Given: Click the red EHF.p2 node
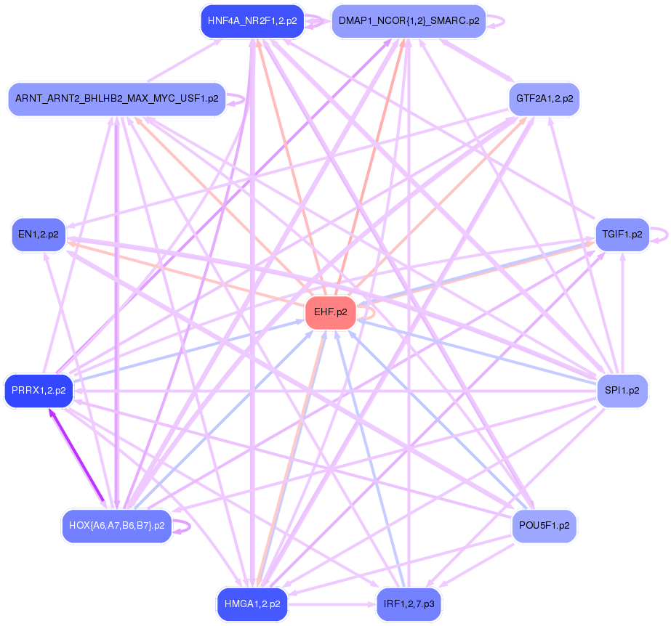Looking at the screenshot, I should click(x=330, y=313).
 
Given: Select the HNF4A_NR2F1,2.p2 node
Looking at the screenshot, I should click(x=252, y=21).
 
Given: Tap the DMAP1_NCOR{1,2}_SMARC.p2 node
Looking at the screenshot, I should click(x=408, y=21).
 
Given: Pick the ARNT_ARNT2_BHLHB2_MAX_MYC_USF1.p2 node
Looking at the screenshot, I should click(x=116, y=99).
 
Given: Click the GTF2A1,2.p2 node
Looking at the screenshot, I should click(x=544, y=98).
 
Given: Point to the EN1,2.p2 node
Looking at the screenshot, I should click(x=39, y=235).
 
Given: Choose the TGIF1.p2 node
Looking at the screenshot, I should click(x=622, y=235).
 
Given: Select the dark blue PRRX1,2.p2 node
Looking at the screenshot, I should click(x=39, y=391).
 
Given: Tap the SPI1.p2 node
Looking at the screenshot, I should click(x=622, y=391).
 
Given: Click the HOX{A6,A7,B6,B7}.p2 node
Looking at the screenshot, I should click(x=116, y=525).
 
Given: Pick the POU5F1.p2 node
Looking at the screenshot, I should click(x=544, y=524).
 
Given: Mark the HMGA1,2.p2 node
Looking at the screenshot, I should click(x=252, y=603).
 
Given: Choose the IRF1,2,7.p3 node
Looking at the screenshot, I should click(x=408, y=603).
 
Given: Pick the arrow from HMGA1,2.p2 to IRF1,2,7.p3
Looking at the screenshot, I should click(x=331, y=603).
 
